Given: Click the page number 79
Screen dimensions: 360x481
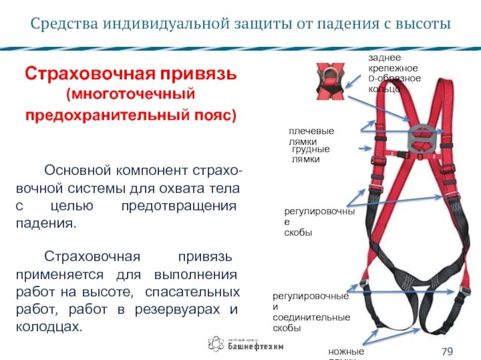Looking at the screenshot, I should tap(447, 351).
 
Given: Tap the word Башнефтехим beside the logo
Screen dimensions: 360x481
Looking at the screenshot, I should tap(256, 347).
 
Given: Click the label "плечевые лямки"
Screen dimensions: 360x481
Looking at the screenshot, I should tap(311, 136).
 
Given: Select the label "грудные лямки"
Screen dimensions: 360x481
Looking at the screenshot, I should tap(310, 154).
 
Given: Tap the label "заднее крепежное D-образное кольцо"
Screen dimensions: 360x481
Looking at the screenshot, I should tap(394, 73).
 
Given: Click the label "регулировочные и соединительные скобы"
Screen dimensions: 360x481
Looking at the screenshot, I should tap(311, 312).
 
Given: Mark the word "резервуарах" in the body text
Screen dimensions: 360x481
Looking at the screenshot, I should tap(179, 310).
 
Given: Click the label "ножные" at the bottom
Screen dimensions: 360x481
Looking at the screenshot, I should tap(346, 351).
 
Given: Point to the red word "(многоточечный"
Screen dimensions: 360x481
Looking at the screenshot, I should tap(132, 95).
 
